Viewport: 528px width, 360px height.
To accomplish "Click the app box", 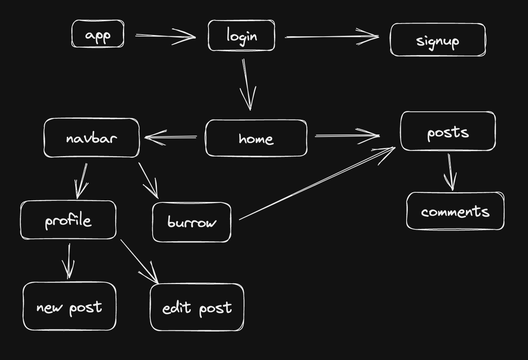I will (98, 34).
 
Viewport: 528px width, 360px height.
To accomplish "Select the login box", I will (241, 36).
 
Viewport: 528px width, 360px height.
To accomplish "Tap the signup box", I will (437, 40).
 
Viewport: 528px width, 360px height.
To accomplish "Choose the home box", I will (256, 138).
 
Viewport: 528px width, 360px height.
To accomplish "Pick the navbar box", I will (91, 138).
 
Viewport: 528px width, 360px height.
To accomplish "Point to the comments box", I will (455, 211).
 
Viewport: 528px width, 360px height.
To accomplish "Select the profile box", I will (68, 220).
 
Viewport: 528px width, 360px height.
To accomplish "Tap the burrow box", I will (192, 222).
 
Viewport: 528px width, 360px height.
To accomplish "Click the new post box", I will (69, 306).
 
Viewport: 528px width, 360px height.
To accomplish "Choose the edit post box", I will (197, 308).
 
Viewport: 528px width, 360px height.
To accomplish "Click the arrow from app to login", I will (166, 36).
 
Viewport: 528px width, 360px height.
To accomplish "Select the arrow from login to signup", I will (331, 37).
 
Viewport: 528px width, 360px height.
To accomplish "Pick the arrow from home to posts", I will (347, 136).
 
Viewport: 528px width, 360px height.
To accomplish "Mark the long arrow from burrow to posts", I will (316, 184).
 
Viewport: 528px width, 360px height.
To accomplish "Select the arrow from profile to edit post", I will (139, 261).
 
